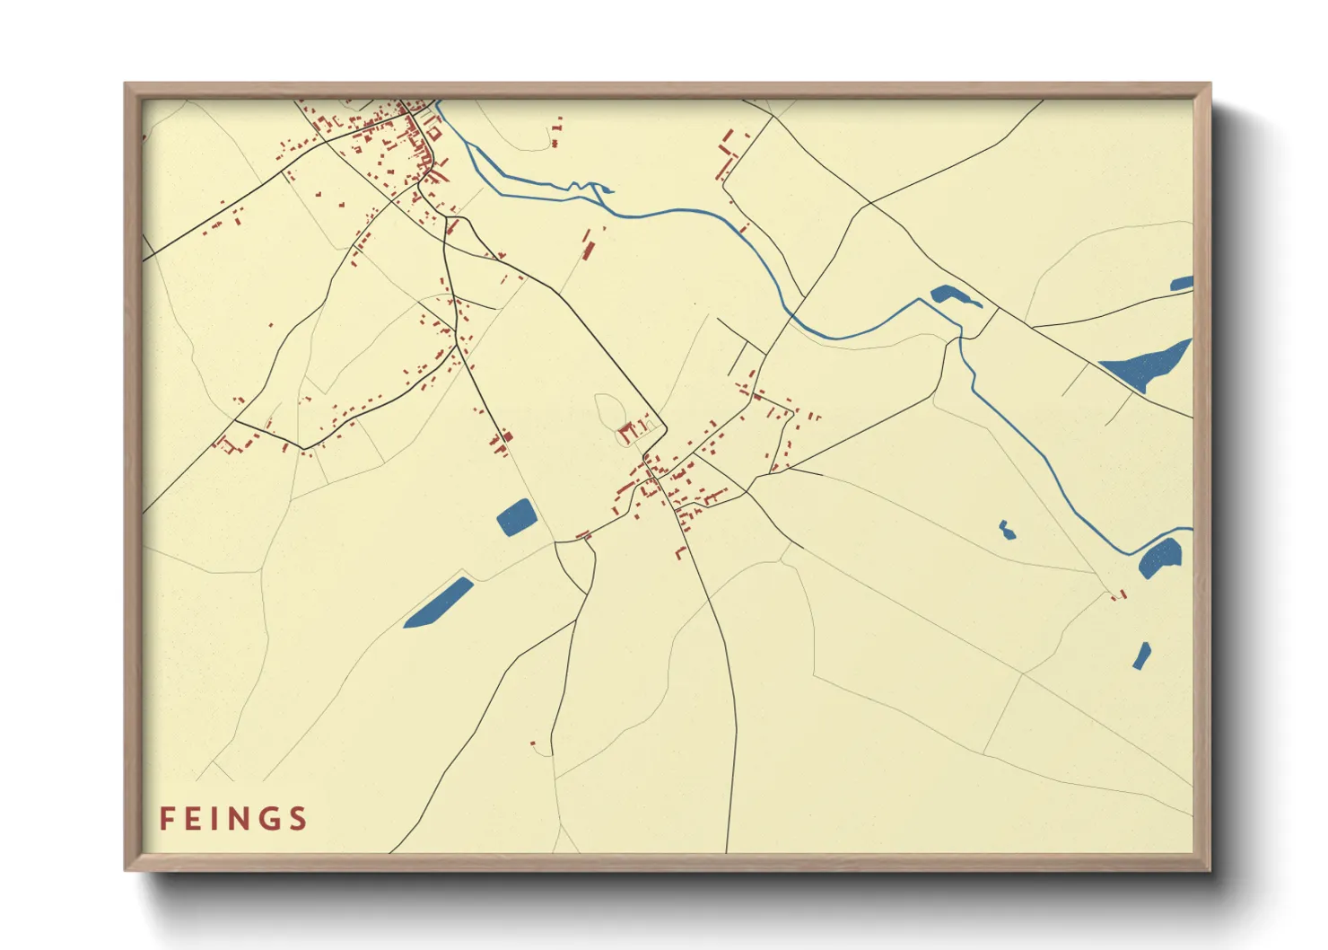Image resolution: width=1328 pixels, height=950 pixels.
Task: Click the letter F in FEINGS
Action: pos(167,819)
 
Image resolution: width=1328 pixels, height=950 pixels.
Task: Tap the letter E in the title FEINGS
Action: pos(195,819)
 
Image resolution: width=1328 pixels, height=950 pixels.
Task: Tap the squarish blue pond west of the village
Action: pos(516,517)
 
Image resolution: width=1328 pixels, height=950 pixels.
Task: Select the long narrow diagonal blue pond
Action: pos(438,603)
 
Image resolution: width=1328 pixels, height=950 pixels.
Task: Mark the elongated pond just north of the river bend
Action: pos(954,296)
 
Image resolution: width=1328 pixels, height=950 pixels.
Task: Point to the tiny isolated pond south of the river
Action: pos(1007,530)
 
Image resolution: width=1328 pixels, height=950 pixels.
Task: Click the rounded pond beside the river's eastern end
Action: pos(1160,559)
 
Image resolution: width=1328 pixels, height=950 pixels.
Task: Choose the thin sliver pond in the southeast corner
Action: pos(1141,655)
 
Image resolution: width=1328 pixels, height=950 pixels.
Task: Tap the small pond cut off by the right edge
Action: pos(1183,284)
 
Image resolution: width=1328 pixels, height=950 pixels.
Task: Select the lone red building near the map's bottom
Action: pos(533,743)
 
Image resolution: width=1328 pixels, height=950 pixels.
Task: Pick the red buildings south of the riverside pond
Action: pos(1118,594)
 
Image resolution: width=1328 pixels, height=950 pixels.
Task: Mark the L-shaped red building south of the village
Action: pos(681,552)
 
